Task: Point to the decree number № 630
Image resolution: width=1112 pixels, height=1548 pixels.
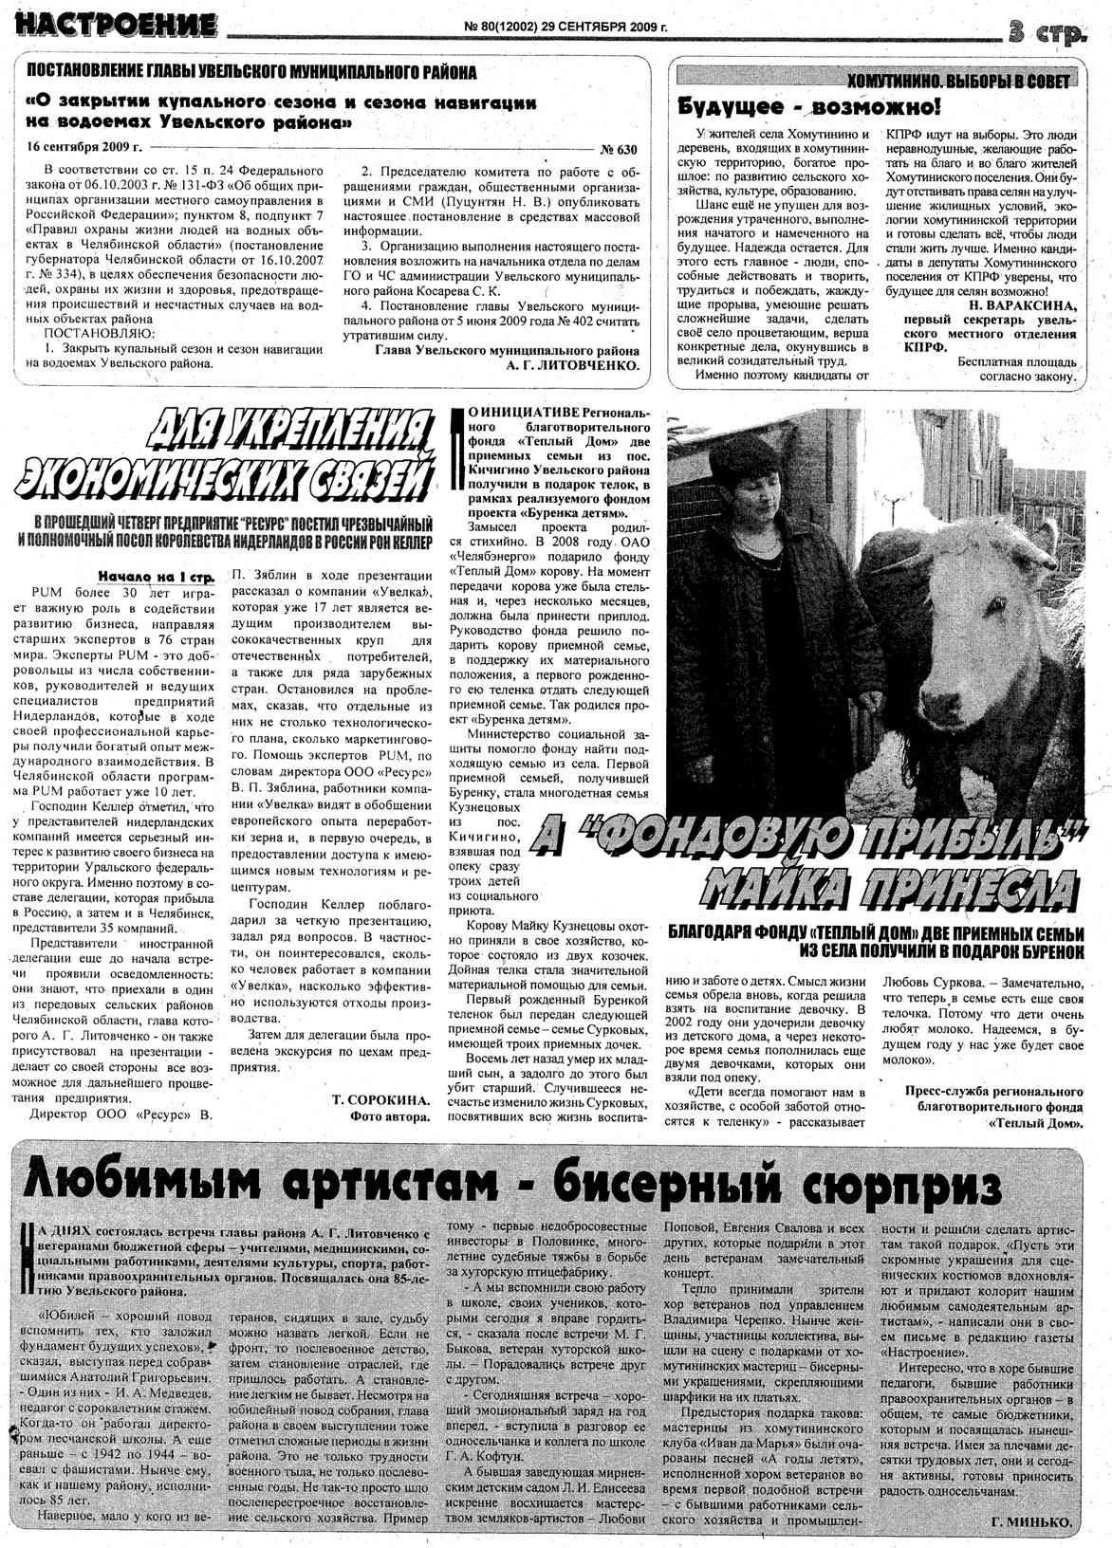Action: pos(619,149)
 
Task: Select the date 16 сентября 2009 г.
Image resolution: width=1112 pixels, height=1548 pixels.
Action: pos(84,148)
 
